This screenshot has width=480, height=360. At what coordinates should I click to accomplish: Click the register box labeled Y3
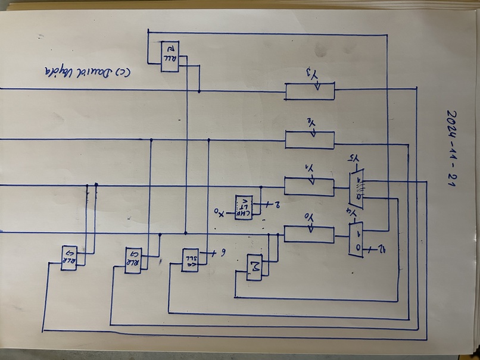[x=310, y=91]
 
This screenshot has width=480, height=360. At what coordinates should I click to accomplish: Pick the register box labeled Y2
[x=310, y=139]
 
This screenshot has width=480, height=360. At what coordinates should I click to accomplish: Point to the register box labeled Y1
[x=309, y=186]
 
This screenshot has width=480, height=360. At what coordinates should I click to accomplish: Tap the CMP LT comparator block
[x=244, y=206]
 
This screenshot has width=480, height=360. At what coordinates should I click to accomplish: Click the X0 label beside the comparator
[x=219, y=211]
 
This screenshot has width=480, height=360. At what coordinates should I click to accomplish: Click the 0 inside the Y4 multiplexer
[x=357, y=247]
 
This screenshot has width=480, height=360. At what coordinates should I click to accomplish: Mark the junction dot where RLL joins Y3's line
[x=199, y=92]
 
